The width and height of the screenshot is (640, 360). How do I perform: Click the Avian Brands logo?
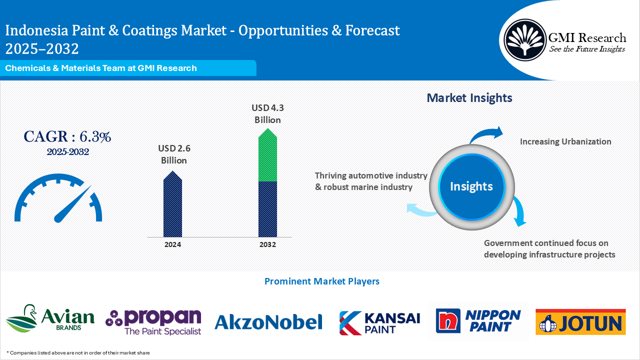[50, 319]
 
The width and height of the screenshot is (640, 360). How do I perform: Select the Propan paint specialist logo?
[153, 321]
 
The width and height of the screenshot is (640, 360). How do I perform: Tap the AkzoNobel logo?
[268, 322]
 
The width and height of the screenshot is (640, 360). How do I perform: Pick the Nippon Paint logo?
[478, 320]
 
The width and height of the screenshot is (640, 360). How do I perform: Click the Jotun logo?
[580, 321]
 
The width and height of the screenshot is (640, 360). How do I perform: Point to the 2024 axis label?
[172, 244]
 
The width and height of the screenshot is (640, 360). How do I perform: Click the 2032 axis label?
[267, 244]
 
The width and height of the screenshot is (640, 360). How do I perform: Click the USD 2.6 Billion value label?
[173, 154]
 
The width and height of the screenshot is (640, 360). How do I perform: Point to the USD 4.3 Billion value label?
[267, 113]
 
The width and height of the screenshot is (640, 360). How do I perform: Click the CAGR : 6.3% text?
[67, 136]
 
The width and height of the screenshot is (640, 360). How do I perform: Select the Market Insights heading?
[469, 98]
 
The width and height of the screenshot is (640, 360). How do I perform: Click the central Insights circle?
[471, 186]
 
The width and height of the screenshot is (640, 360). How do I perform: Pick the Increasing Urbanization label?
[565, 141]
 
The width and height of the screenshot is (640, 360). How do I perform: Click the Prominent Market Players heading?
[321, 281]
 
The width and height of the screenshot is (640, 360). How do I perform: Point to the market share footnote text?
[78, 352]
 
